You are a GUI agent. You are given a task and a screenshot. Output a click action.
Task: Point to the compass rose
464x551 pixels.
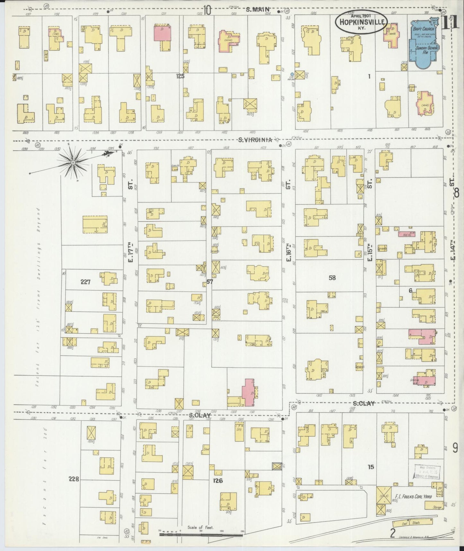coord(73,163)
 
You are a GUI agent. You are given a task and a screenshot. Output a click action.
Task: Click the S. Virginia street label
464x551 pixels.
coord(256,140)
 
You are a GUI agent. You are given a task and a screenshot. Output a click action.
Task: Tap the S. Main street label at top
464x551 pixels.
coord(257,10)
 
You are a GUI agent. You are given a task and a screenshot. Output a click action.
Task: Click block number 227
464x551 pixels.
coord(85,282)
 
